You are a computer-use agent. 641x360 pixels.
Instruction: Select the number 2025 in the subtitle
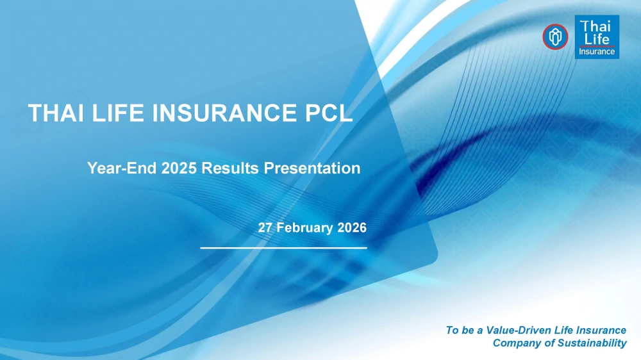pyautogui.click(x=179, y=168)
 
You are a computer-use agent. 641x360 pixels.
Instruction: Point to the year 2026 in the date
pyautogui.click(x=351, y=227)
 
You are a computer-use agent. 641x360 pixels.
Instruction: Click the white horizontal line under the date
pyautogui.click(x=283, y=247)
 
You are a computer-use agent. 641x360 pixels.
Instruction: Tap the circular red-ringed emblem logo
pyautogui.click(x=554, y=37)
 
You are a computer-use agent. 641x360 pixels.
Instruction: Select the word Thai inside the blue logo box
pyautogui.click(x=595, y=26)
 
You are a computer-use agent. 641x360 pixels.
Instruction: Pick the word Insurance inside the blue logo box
pyautogui.click(x=597, y=52)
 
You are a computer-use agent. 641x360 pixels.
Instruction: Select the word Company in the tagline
pyautogui.click(x=512, y=343)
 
